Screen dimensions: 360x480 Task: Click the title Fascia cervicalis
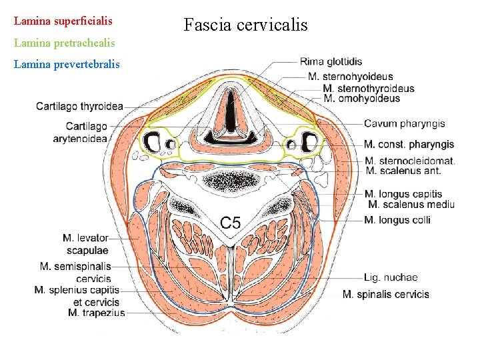tap(245, 25)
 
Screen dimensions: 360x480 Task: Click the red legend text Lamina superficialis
tap(63, 21)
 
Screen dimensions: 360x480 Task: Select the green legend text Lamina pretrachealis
tap(64, 43)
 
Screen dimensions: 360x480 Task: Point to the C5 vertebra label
tap(231, 223)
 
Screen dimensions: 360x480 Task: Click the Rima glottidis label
tap(331, 62)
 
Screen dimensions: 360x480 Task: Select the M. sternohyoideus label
tap(351, 77)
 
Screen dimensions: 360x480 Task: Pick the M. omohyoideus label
tap(361, 99)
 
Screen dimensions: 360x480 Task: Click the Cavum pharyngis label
tap(404, 123)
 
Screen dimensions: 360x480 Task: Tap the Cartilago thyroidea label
tap(79, 106)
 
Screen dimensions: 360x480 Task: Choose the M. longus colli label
tap(397, 220)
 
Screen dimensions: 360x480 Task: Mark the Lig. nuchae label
tap(391, 277)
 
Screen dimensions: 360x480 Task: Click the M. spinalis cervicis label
tap(385, 294)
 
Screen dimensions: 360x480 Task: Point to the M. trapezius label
tap(96, 313)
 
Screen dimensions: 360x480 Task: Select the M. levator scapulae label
tap(85, 244)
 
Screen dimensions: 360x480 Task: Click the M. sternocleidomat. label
tap(409, 161)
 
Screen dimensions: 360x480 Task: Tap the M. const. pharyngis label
tap(409, 144)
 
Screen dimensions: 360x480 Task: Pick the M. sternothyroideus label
tap(368, 88)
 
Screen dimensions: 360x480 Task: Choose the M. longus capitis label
tap(403, 194)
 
